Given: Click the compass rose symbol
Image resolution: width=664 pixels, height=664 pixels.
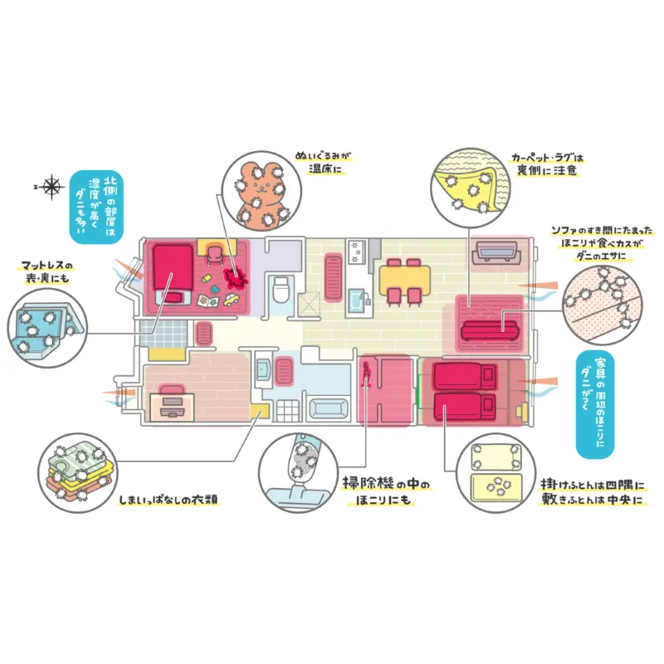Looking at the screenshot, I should (x=52, y=188).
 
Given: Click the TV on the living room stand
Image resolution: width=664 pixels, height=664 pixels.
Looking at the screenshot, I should (x=496, y=251).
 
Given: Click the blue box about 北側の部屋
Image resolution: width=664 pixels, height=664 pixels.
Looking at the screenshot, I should (x=96, y=207).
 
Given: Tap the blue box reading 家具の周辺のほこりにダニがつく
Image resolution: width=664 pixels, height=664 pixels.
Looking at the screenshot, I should (x=598, y=406).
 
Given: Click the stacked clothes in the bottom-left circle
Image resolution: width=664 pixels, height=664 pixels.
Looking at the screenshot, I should (x=76, y=471).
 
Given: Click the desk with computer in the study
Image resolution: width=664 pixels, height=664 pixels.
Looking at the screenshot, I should (x=172, y=403).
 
